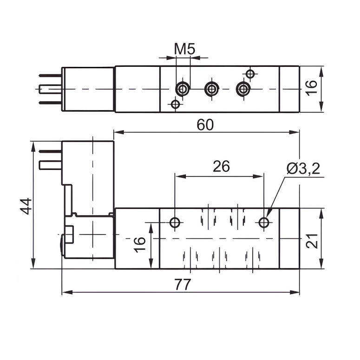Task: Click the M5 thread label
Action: [x=184, y=48]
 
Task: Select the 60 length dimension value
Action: [x=205, y=124]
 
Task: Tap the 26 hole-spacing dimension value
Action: [x=221, y=166]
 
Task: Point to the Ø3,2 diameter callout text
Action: [x=303, y=169]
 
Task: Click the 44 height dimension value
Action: [x=26, y=206]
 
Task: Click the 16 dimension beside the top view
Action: [x=312, y=86]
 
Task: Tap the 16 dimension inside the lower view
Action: [x=139, y=244]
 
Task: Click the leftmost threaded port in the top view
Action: [x=183, y=89]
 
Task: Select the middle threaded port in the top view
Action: [x=212, y=89]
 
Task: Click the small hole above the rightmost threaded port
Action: [x=250, y=74]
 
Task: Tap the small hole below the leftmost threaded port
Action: [x=175, y=104]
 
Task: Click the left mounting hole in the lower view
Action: [x=175, y=223]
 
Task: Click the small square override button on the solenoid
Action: [x=69, y=234]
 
